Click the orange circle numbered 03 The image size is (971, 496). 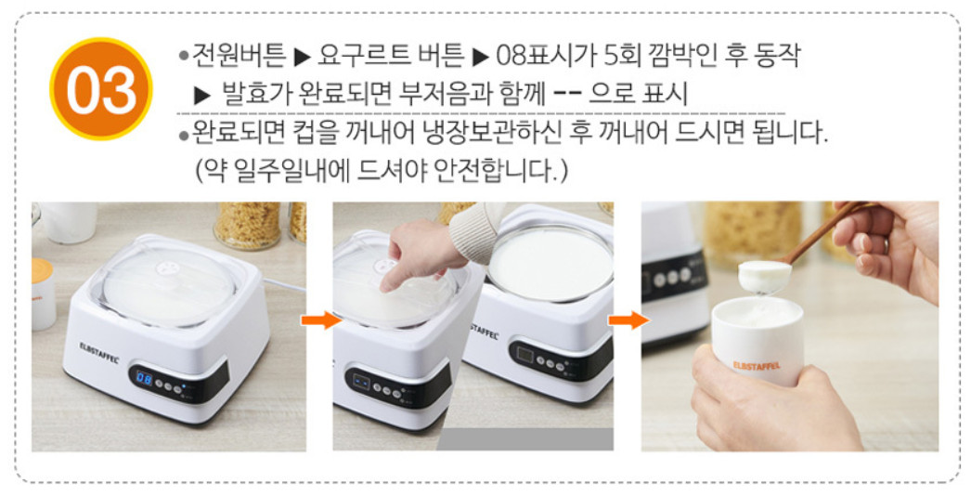coord(101,88)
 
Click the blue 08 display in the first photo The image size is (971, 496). coord(144,377)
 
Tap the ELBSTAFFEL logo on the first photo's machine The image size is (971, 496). coord(99,351)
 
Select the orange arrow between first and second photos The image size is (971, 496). coord(319,320)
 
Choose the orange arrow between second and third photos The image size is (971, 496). coord(628,320)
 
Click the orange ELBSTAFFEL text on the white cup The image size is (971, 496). coord(757,365)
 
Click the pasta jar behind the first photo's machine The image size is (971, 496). coord(248,225)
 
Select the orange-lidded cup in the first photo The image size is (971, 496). coord(44,294)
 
